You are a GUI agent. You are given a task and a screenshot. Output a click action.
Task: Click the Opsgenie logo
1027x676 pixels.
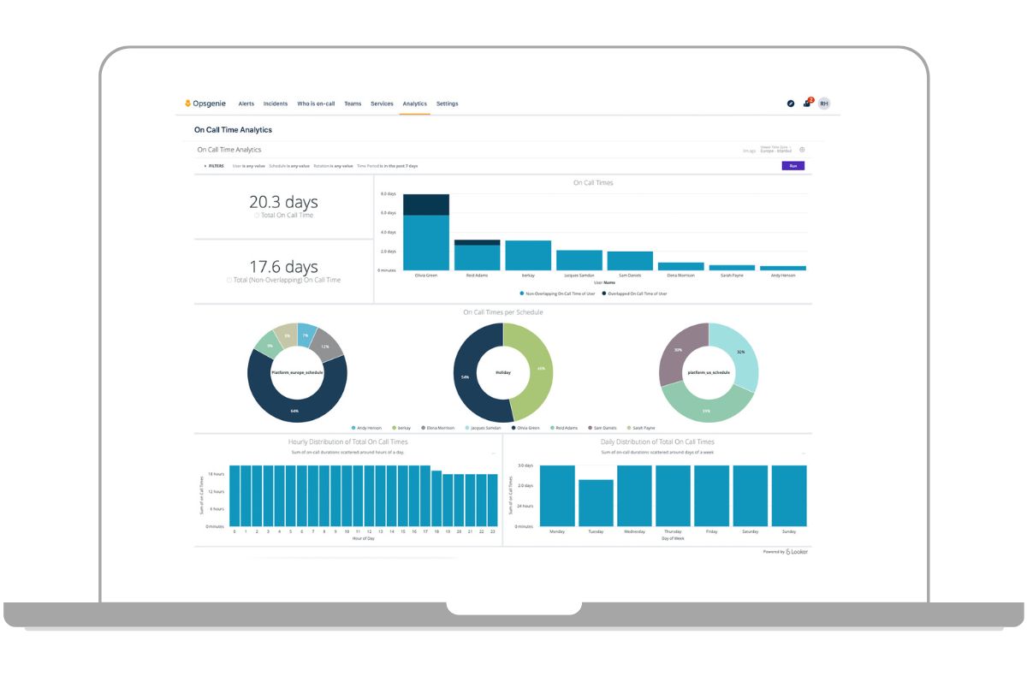tap(206, 104)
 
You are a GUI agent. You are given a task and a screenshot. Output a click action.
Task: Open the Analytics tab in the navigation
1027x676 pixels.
tap(414, 104)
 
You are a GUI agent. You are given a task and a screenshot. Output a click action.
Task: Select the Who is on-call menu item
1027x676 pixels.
tap(316, 104)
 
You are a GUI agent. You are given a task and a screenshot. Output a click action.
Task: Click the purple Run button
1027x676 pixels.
tap(793, 166)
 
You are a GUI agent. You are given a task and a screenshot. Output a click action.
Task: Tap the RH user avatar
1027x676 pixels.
tap(823, 104)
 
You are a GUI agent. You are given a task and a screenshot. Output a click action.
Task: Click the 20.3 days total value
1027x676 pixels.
tap(283, 203)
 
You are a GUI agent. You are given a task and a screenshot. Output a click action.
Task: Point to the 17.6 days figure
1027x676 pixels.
tap(283, 267)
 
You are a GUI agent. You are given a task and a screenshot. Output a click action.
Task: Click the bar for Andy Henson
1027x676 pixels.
tap(783, 268)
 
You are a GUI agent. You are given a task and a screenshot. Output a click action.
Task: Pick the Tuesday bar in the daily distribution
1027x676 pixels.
tap(596, 503)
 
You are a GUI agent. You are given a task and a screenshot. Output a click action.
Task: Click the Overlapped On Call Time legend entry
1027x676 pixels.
tap(636, 294)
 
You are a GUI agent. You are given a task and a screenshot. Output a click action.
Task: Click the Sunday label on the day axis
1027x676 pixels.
tap(788, 531)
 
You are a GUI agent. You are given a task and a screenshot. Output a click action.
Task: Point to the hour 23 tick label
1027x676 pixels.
tap(492, 531)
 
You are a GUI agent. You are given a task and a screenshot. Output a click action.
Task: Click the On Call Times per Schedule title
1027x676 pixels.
tap(502, 312)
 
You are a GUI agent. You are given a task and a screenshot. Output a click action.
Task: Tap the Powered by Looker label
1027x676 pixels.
tap(786, 552)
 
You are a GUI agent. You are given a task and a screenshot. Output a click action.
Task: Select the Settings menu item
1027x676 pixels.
tap(447, 104)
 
